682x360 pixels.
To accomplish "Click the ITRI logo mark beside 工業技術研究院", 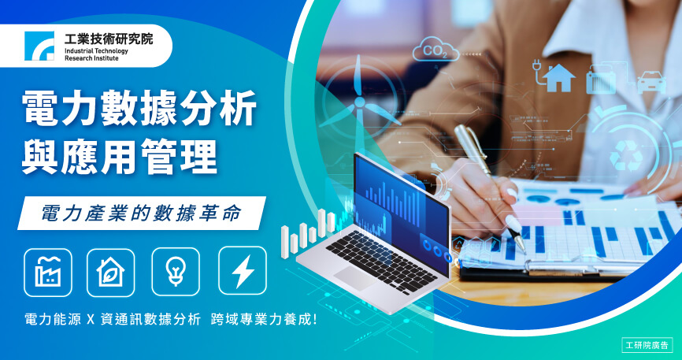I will click(39, 46).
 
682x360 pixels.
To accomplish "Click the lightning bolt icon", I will click(243, 271).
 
